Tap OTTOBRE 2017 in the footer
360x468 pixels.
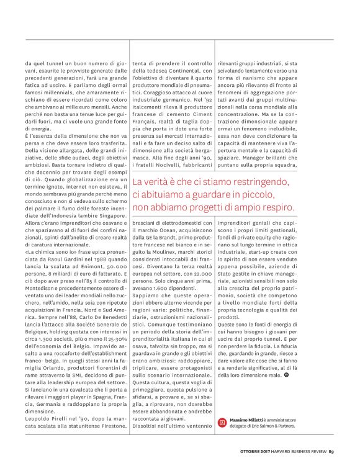tap(256, 451)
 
